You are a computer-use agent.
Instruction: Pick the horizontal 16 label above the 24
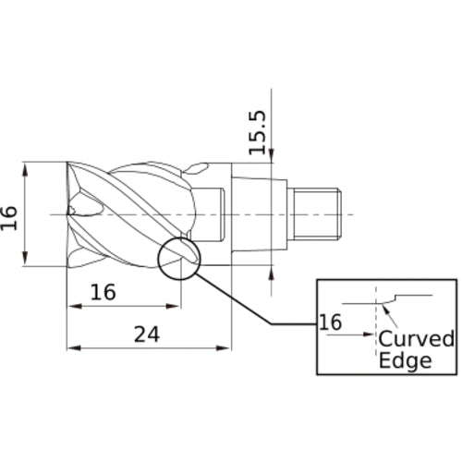point(103,292)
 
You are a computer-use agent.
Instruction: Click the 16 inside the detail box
point(330,322)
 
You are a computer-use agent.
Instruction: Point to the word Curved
point(416,339)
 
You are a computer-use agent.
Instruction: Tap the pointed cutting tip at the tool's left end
point(70,212)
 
